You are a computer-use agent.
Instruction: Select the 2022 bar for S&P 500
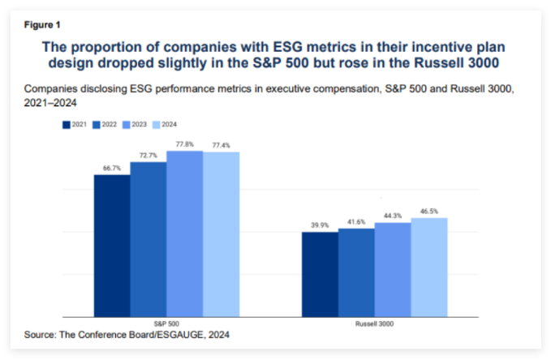149,239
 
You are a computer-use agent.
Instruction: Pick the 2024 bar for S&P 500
222,234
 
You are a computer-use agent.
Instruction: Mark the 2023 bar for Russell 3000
393,269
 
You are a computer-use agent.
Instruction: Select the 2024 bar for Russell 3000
429,267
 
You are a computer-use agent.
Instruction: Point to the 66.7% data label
112,168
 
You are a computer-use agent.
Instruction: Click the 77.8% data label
185,144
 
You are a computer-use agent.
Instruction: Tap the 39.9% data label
320,225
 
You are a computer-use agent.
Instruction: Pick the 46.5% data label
429,211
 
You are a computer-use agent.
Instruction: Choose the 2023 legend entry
136,125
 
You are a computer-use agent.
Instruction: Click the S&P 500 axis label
166,323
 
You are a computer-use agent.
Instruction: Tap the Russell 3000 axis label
374,323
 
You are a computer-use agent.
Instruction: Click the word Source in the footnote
42,334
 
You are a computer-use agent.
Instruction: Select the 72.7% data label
149,156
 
